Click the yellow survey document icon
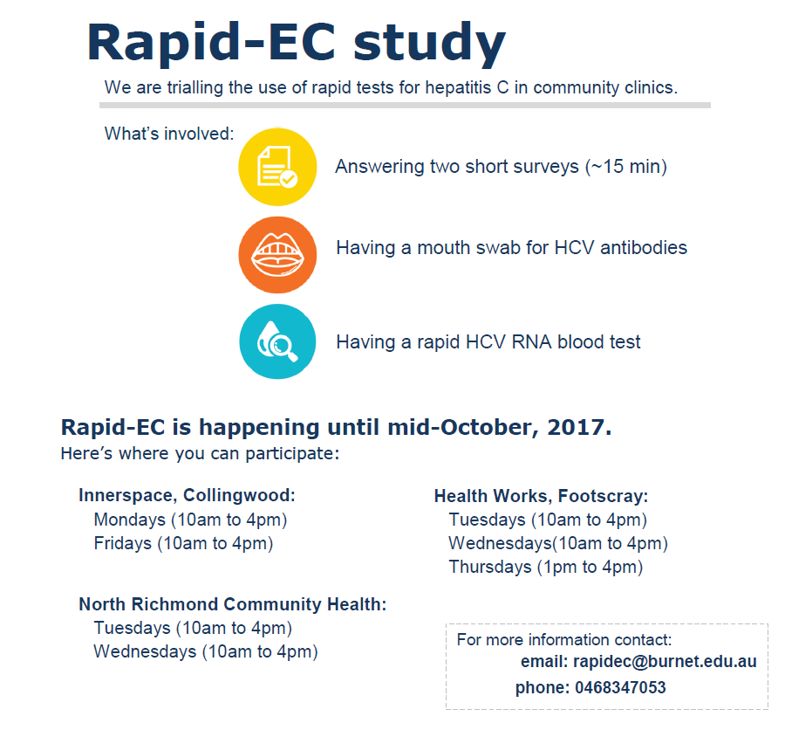coord(277,167)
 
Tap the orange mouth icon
coord(277,255)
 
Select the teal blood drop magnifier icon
coord(277,341)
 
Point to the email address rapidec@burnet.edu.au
coord(665,661)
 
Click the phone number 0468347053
coord(620,687)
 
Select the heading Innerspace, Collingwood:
coord(188,495)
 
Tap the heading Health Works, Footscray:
coord(541,496)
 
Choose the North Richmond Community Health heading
coord(233,604)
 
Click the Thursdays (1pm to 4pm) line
coord(546,567)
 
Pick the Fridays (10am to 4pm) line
coord(183,543)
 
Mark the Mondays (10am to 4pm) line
coord(190,520)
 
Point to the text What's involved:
coord(169,134)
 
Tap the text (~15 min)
coord(625,167)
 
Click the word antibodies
coord(644,248)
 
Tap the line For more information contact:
coord(564,640)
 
